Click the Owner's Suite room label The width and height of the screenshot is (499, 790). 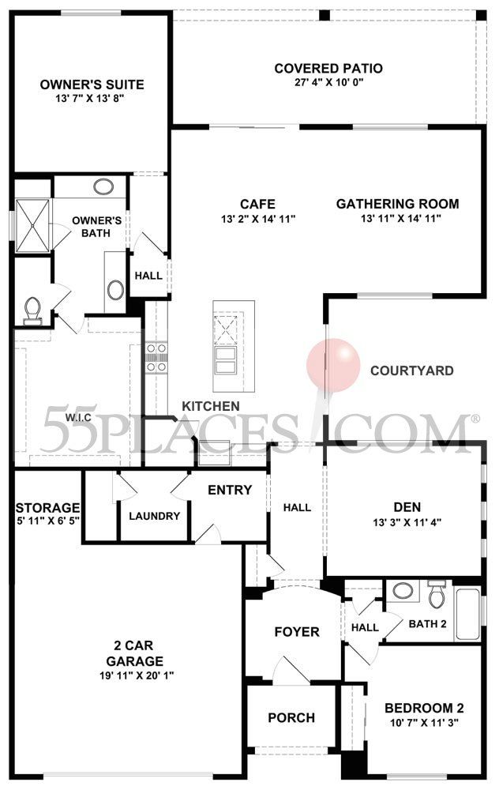[x=92, y=85]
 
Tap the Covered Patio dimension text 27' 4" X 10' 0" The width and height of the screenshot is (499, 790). [x=328, y=81]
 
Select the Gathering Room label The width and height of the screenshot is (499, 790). [x=397, y=204]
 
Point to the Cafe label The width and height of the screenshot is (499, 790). [x=257, y=204]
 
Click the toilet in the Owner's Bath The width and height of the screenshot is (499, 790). [x=33, y=310]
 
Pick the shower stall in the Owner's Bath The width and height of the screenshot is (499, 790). [x=32, y=226]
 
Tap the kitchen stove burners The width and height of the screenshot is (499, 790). [x=156, y=358]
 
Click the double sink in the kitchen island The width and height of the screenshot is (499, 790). [x=225, y=359]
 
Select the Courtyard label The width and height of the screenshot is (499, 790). [x=412, y=371]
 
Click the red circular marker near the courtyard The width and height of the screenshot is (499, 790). [x=333, y=365]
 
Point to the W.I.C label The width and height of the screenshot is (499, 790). [x=78, y=418]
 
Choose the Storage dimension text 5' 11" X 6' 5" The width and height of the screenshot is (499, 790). [x=48, y=521]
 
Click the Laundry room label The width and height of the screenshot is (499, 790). [x=154, y=516]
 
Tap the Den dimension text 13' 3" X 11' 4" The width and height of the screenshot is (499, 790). [x=407, y=522]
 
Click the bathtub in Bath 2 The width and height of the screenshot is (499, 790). [x=467, y=613]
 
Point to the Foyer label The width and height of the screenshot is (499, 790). [x=297, y=632]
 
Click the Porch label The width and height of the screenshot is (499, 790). [x=291, y=717]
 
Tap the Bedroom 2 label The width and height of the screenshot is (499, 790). [x=424, y=708]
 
